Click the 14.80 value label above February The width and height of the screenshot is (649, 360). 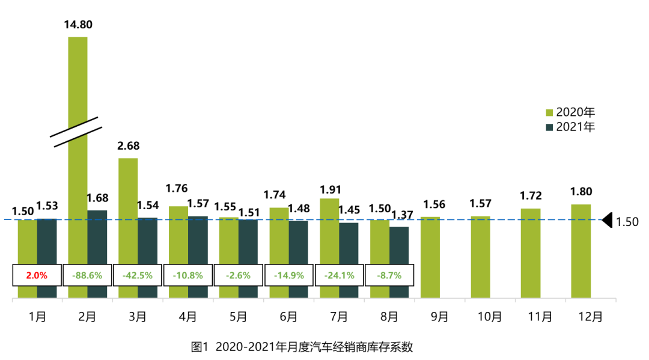tap(78, 25)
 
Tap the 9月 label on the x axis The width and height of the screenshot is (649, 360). tap(439, 316)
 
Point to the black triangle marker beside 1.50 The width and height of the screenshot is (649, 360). tap(606, 220)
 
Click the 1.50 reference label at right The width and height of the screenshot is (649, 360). tap(627, 222)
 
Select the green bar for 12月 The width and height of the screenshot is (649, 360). tap(580, 251)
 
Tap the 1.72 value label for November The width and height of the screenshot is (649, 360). tap(531, 195)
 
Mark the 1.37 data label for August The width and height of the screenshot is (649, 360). tap(402, 215)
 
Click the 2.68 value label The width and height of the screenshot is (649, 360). tap(128, 147)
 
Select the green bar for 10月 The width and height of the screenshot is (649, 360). tap(480, 257)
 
